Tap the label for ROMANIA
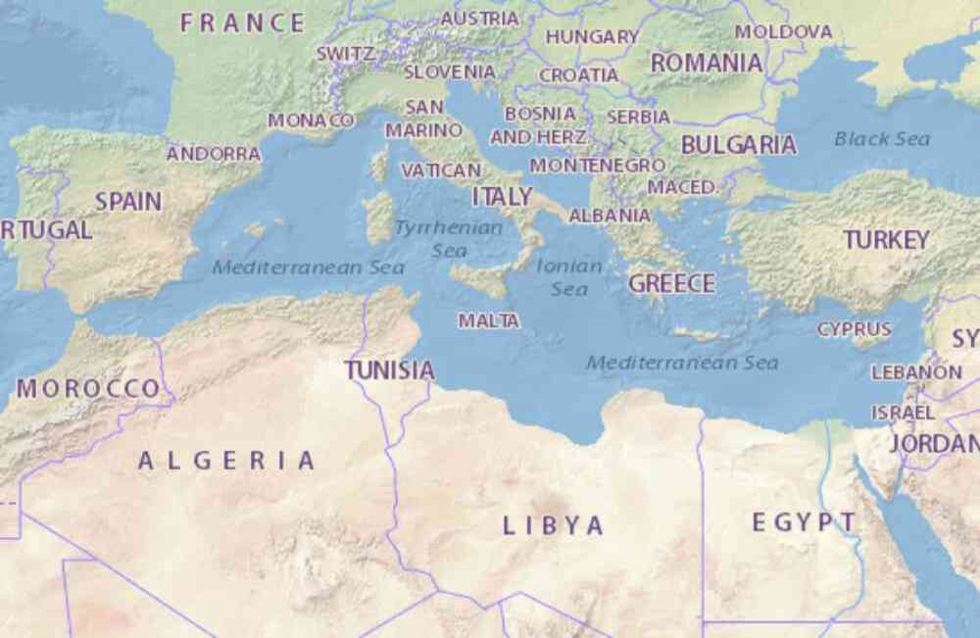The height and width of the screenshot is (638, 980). pos(707,63)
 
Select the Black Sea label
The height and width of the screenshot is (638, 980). pos(882,139)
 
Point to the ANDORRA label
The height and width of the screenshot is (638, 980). pos(214,154)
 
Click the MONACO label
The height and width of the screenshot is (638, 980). pos(312,120)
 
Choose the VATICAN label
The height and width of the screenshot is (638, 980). pos(441,170)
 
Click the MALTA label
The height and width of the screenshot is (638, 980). pos(489,320)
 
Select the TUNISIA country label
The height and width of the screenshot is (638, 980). pos(389,370)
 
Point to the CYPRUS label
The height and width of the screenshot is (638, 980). pos(855,329)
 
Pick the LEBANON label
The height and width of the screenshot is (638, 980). pos(916,372)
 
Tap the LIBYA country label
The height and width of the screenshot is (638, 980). pos(554,525)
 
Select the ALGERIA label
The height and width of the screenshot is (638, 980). pos(226,461)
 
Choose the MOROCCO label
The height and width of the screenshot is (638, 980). pos(87,388)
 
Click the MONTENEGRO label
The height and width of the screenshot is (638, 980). pos(598,166)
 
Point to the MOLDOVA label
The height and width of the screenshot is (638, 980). pos(783,31)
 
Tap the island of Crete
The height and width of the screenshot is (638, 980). pos(702,334)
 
